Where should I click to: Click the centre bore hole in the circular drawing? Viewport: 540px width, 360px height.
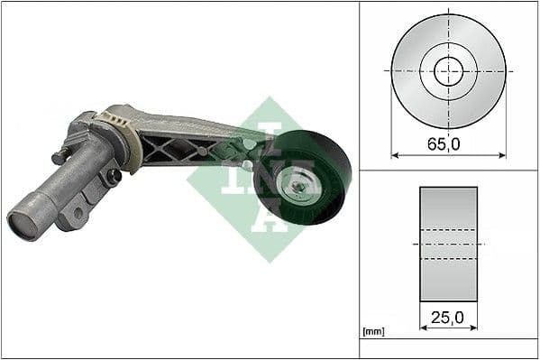448,70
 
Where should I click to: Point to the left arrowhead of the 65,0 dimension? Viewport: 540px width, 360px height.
395,154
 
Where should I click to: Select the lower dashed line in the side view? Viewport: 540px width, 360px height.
448,259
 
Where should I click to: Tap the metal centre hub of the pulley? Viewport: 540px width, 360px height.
297,188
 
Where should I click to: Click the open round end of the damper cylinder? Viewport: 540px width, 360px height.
24,223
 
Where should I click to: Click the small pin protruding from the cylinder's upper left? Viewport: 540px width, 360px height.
59,156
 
